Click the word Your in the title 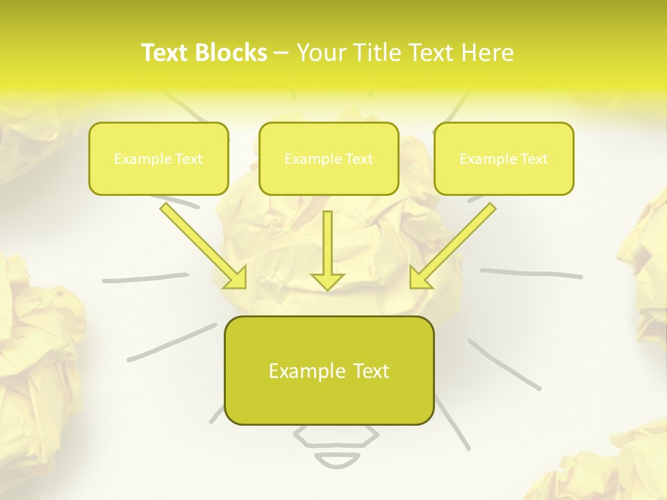(318, 53)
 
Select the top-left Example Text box (158, 158)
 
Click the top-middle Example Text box (329, 158)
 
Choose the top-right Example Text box (504, 158)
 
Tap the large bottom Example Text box (329, 370)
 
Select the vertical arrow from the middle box (327, 247)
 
